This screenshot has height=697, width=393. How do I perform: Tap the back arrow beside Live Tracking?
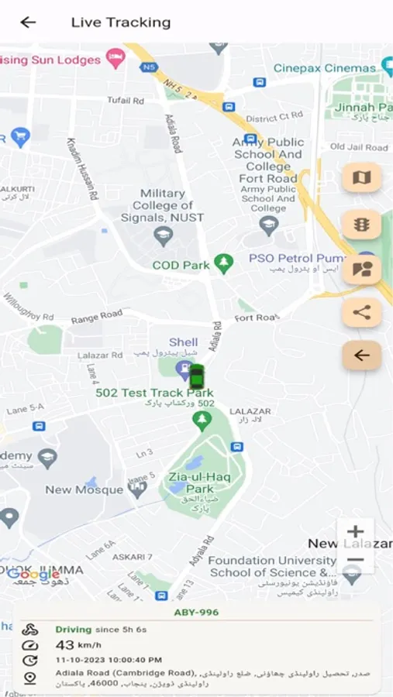(28, 22)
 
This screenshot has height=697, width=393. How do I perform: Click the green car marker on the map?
(197, 376)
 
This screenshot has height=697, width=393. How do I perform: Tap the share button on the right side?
(361, 313)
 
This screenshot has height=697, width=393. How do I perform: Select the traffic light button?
(361, 225)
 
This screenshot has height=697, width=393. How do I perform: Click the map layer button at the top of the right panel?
(361, 178)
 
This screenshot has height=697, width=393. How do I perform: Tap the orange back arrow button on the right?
(361, 355)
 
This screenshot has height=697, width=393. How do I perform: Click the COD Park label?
(181, 265)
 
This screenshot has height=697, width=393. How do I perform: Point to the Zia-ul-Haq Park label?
(190, 483)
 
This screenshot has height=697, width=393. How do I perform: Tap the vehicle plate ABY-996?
(196, 613)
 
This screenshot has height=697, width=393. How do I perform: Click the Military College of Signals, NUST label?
(163, 205)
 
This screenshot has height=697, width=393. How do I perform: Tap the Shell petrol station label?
(183, 342)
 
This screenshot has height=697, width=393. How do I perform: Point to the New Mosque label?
(84, 489)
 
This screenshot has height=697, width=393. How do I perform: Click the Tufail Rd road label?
(126, 100)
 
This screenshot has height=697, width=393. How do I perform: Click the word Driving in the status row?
(73, 630)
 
